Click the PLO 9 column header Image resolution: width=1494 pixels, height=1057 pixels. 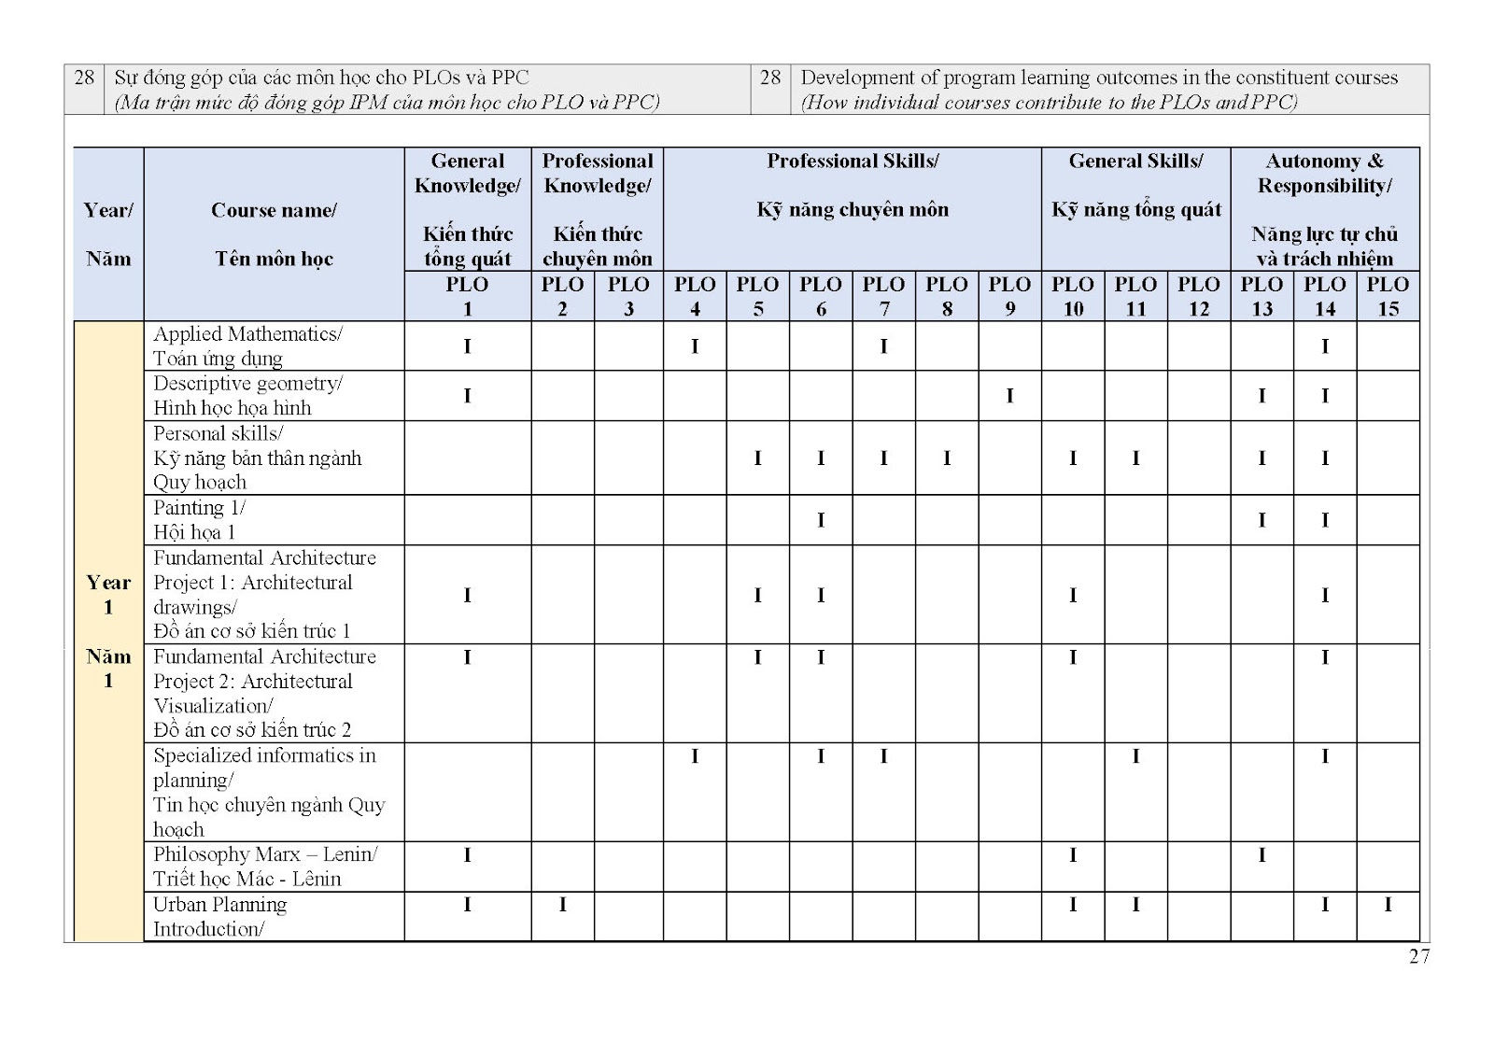(x=1009, y=296)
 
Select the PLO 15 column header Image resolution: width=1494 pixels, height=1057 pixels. (x=1388, y=296)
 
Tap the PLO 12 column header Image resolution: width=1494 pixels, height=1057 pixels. (x=1198, y=296)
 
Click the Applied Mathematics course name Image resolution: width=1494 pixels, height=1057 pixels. (x=248, y=345)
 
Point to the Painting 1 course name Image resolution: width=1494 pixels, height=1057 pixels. (x=200, y=519)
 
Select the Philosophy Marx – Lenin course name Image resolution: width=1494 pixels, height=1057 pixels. (x=265, y=866)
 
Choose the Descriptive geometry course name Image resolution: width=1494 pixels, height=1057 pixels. (x=248, y=395)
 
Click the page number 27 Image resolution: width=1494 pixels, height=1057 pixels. (x=1418, y=955)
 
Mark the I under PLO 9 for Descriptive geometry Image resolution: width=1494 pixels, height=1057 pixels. (x=1009, y=396)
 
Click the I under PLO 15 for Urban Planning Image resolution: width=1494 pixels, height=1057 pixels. (x=1388, y=904)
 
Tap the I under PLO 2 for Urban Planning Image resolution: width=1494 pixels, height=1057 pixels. (x=562, y=904)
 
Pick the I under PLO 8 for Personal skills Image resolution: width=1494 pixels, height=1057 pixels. (x=947, y=458)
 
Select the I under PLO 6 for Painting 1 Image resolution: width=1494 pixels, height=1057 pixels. (x=821, y=520)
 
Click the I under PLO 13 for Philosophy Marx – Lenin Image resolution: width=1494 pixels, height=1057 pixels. (x=1261, y=854)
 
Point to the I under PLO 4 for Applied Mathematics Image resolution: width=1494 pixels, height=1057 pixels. (x=695, y=346)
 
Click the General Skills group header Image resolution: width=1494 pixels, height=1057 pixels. (x=1135, y=185)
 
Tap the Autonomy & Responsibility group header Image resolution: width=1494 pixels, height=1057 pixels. (x=1324, y=209)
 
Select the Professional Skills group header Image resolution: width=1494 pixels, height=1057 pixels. (x=853, y=185)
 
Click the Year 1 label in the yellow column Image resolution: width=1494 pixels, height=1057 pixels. (x=108, y=594)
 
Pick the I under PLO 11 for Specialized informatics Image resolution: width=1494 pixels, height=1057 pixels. (x=1135, y=756)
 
